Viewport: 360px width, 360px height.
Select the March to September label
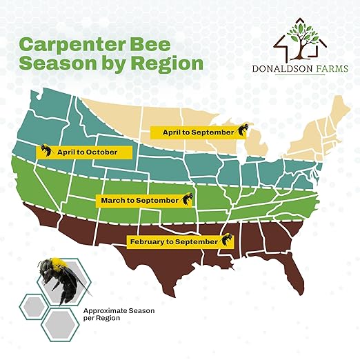137,200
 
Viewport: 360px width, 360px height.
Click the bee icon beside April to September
241,130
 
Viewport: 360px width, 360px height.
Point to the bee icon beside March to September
186,199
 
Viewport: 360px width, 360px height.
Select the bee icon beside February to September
226,241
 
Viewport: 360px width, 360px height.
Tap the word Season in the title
61,63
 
